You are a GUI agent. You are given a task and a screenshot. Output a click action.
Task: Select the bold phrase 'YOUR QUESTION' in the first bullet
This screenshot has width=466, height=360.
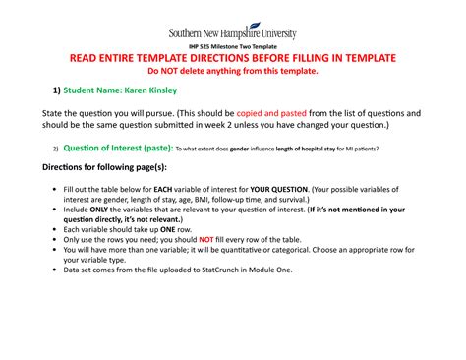278,188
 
